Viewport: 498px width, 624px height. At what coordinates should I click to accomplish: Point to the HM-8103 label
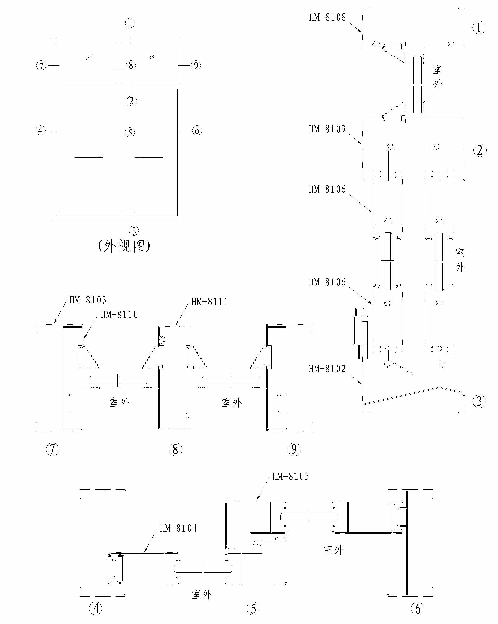88,300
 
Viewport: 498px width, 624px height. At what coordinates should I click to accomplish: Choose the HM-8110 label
119,315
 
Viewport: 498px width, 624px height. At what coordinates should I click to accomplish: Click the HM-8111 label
209,302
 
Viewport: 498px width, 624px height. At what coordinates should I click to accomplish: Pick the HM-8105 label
290,476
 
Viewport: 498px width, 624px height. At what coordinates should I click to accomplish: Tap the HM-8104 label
178,528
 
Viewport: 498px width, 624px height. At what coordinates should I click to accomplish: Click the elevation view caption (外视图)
124,246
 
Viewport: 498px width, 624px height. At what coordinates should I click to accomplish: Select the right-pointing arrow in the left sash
88,158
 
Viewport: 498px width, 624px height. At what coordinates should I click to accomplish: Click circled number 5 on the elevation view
130,133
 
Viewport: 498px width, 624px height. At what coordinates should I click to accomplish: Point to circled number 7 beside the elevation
41,66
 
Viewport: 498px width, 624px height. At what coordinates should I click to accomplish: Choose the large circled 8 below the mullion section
175,449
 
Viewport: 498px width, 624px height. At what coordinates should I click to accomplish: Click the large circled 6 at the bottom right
417,609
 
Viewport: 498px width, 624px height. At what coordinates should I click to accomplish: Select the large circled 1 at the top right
479,28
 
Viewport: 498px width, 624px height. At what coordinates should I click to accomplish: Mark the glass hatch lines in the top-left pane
89,57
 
